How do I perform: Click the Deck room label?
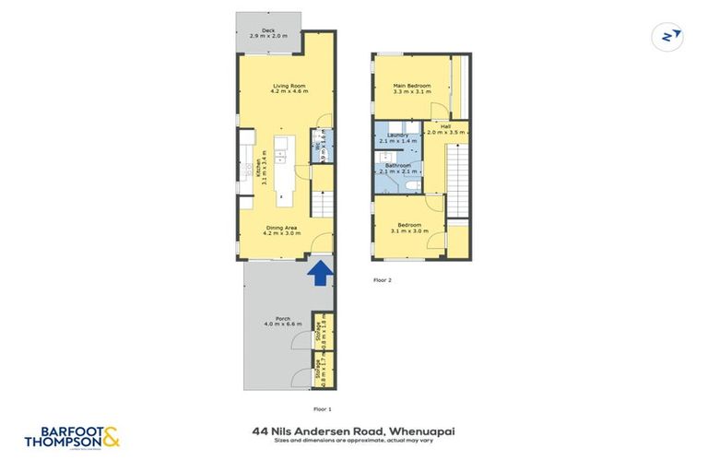(x=269, y=34)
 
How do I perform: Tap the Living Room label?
(x=289, y=88)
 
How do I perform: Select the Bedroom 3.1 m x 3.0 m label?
(x=409, y=228)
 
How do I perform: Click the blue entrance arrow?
(x=320, y=273)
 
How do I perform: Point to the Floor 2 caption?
(x=382, y=278)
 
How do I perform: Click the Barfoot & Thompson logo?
(x=73, y=437)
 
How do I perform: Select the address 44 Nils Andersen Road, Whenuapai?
(x=353, y=430)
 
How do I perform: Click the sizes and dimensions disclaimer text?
(x=353, y=441)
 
